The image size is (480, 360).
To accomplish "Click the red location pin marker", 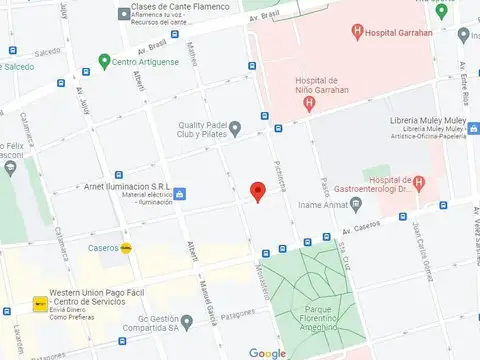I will click(257, 192).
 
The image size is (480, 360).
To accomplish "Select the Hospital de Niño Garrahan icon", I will click(311, 102).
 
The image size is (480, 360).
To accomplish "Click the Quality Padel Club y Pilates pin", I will click(235, 128).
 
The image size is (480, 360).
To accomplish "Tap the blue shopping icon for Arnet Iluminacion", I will click(181, 193).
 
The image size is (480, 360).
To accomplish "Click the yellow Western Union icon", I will click(39, 302).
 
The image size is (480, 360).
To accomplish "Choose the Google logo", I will click(267, 353).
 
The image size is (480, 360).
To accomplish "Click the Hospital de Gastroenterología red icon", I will click(419, 182).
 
